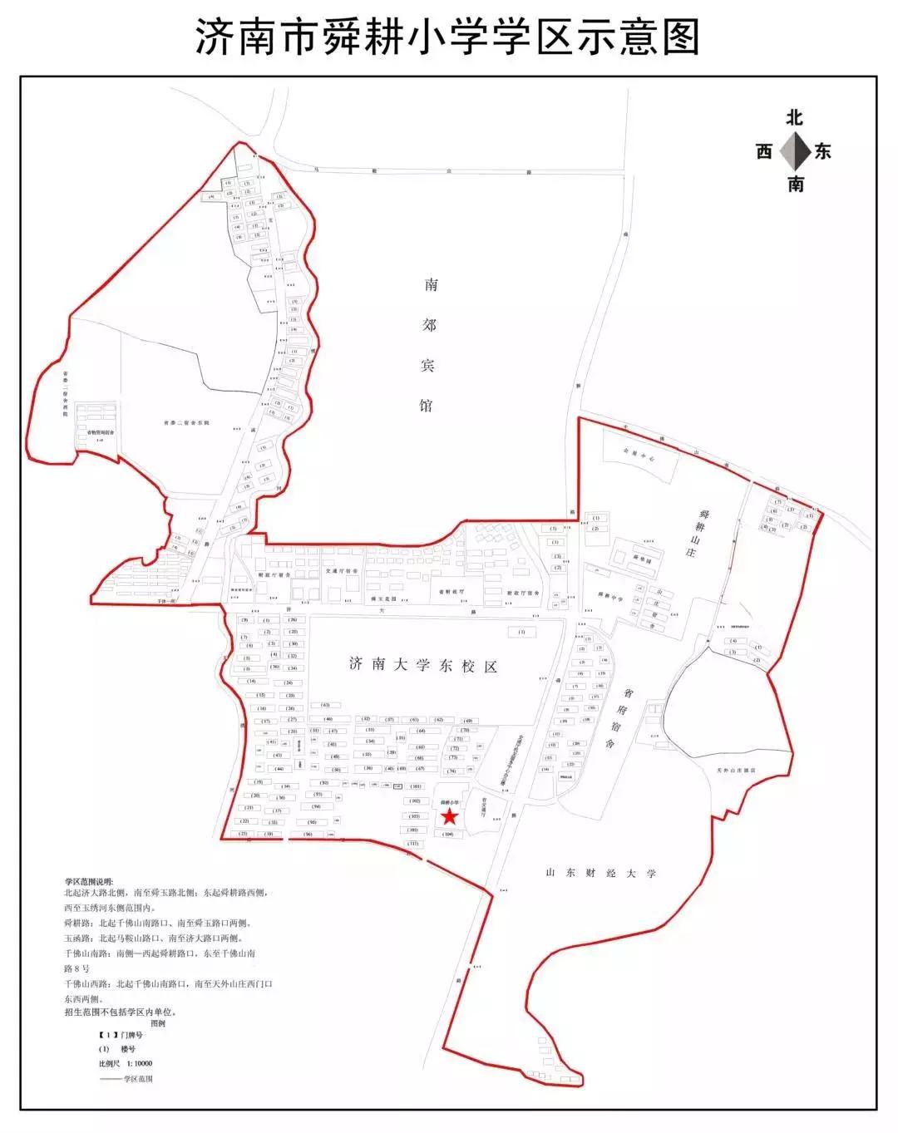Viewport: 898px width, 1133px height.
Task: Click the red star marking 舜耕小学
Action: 449,817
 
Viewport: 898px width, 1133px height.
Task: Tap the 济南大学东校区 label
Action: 423,665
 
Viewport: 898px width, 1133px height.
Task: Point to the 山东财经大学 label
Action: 601,873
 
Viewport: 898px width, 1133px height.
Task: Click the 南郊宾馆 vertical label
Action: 430,345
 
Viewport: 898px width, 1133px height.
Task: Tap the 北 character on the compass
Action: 795,118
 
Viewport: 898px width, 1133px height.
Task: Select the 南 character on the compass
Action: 796,184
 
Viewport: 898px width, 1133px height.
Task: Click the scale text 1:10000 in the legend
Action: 138,1062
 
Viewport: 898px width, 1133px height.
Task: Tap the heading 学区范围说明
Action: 91,880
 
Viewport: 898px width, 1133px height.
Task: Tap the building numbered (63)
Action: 325,705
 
